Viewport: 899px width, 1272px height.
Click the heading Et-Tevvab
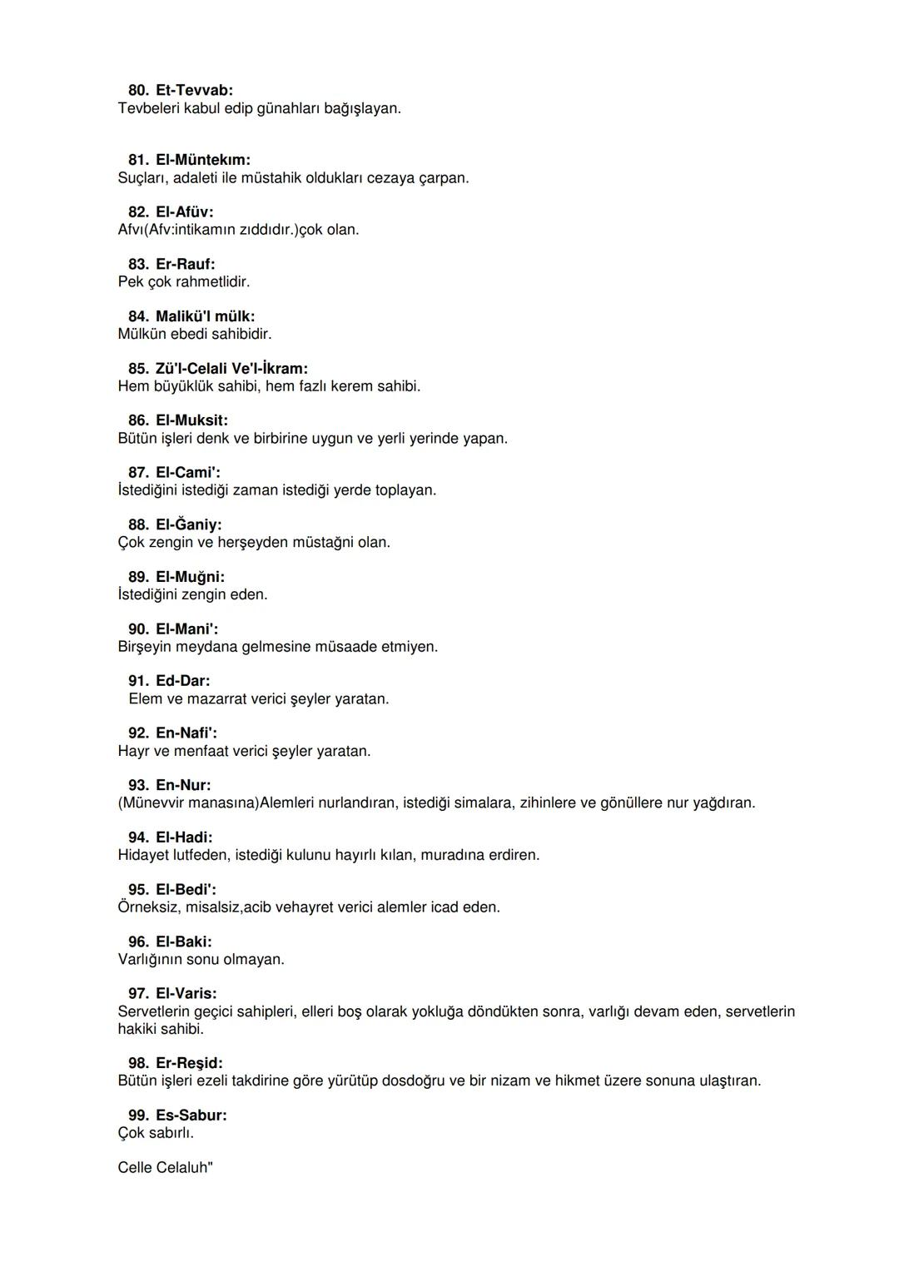pyautogui.click(x=194, y=90)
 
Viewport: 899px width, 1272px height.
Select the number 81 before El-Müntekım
pyautogui.click(x=138, y=160)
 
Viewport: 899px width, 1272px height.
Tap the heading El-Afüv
pyautogui.click(x=184, y=212)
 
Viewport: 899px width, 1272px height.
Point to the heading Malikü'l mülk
pyautogui.click(x=205, y=316)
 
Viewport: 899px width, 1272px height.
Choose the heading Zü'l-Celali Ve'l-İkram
pyautogui.click(x=231, y=369)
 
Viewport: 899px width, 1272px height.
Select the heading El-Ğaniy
pyautogui.click(x=188, y=525)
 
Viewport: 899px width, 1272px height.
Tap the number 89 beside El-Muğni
pyautogui.click(x=138, y=577)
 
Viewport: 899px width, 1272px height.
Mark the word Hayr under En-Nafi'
pyautogui.click(x=133, y=752)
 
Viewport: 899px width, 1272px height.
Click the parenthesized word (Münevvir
pyautogui.click(x=155, y=803)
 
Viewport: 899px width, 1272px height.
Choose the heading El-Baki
pyautogui.click(x=183, y=942)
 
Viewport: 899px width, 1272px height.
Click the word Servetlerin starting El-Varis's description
pyautogui.click(x=154, y=1012)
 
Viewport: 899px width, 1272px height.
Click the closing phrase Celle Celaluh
pyautogui.click(x=164, y=1168)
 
